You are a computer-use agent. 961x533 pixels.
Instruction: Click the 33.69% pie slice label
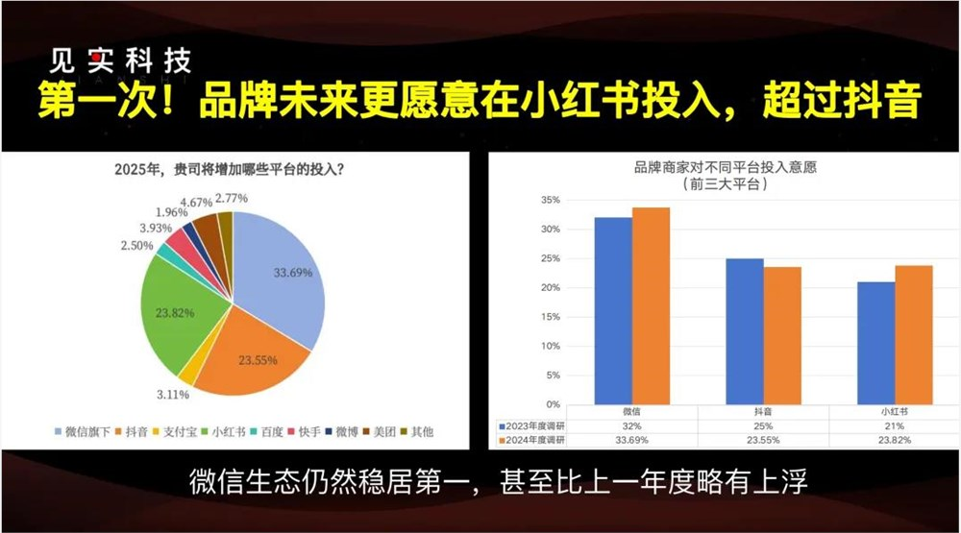[294, 273]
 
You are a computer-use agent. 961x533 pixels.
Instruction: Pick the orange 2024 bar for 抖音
[782, 335]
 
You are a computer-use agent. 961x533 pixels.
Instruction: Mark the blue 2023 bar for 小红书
[875, 343]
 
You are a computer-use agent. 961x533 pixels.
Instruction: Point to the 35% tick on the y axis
[548, 201]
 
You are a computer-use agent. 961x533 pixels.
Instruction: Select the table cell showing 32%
[631, 424]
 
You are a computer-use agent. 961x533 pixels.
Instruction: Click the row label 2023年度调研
[534, 424]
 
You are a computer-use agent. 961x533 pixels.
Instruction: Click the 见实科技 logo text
[121, 62]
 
